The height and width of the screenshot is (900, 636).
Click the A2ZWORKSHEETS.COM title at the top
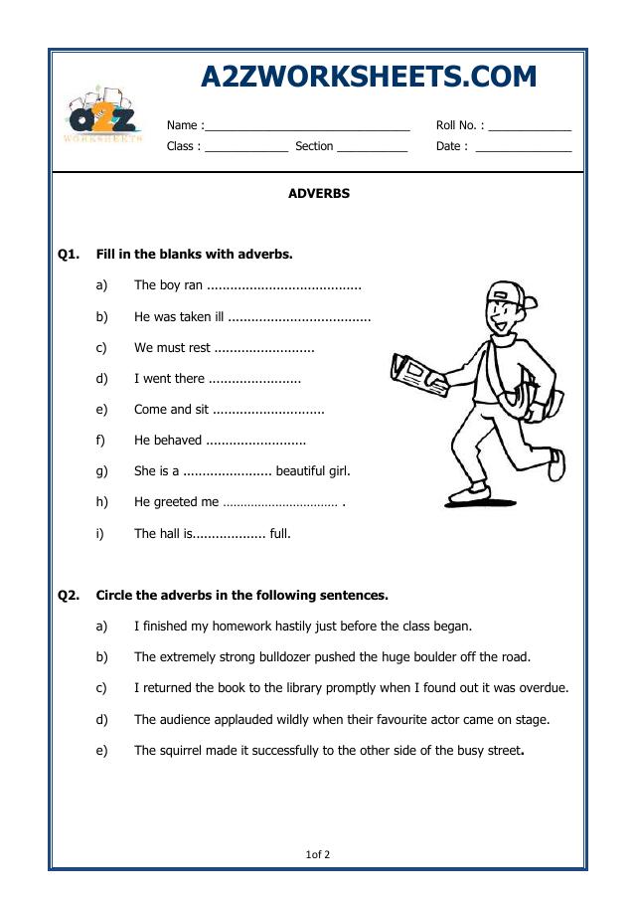click(369, 77)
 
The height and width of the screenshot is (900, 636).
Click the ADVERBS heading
click(318, 194)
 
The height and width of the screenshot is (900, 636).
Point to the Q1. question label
click(69, 255)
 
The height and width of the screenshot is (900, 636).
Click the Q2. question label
click(69, 596)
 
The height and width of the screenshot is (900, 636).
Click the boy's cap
click(509, 295)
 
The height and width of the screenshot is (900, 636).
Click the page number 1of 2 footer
click(318, 854)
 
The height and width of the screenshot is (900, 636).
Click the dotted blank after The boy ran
click(283, 286)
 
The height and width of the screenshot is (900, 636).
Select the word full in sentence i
click(280, 534)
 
